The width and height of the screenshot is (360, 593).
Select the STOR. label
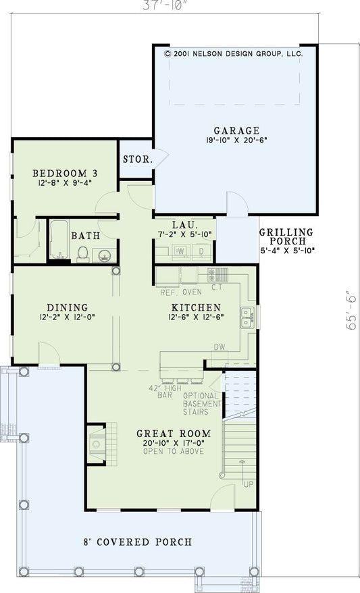coord(136,159)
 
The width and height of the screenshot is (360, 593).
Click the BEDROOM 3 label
coord(62,172)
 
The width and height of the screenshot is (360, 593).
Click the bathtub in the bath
coord(58,240)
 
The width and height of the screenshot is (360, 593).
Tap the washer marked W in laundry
coord(181,252)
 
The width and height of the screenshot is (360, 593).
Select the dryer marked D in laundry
coord(201,252)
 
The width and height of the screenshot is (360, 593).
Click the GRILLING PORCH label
coord(286,236)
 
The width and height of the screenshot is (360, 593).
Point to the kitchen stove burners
coord(218,274)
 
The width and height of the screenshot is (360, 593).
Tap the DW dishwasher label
coord(219,347)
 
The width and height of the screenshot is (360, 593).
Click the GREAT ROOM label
coord(173,434)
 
